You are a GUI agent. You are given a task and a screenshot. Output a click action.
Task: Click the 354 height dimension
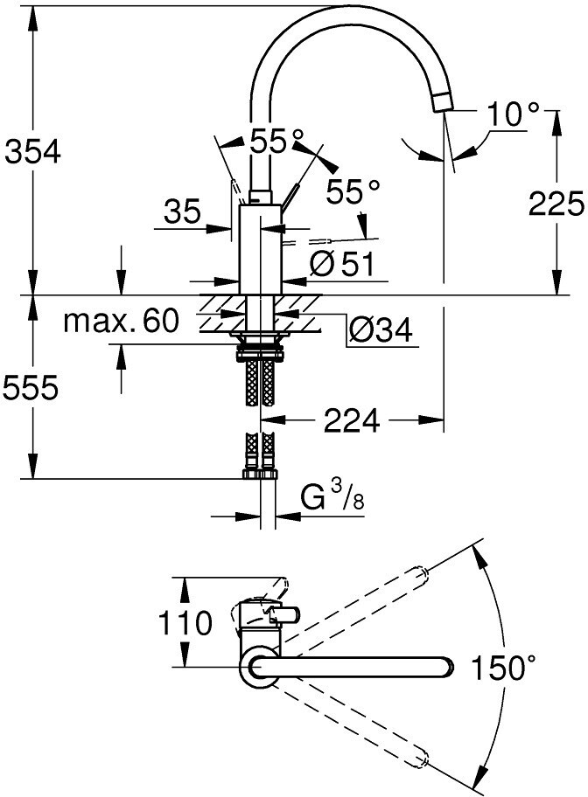32,152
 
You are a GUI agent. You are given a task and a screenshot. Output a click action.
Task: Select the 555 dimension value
31,389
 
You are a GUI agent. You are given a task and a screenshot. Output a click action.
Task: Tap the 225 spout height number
556,204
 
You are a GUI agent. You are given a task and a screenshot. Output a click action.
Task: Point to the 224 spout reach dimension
352,419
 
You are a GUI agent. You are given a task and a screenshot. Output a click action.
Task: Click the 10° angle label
513,114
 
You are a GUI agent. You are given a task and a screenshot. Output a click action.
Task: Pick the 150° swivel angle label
503,668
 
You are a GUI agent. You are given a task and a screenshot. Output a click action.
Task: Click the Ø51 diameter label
342,264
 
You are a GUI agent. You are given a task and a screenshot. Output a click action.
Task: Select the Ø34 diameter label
381,331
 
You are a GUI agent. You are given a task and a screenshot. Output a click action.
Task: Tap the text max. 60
121,321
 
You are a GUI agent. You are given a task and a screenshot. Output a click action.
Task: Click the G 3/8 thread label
332,496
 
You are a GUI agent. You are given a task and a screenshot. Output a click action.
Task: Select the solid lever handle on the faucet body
290,195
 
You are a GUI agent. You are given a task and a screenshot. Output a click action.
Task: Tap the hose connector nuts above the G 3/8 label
260,475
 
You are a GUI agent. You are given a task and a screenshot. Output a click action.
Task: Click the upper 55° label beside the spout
276,141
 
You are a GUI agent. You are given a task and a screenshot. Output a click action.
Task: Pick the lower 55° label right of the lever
353,191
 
